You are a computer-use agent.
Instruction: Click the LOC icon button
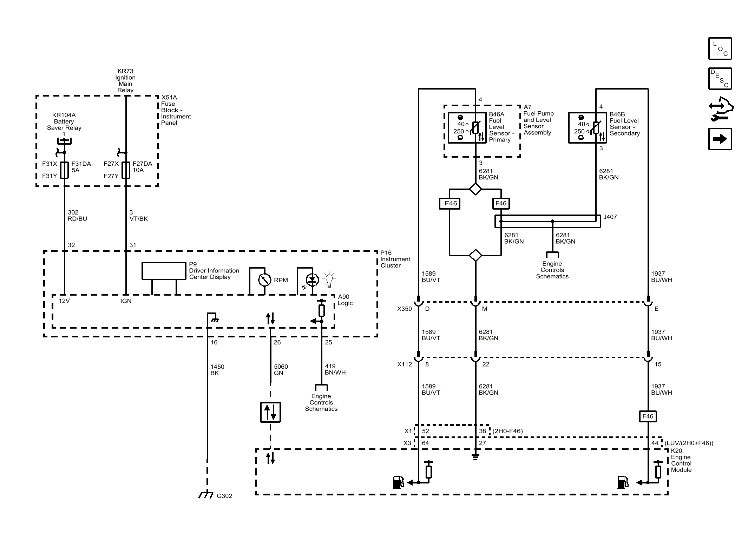pos(720,49)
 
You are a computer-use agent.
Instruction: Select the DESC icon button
pos(720,79)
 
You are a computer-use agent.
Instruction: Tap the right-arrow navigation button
pos(720,139)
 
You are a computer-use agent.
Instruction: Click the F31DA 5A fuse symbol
pos(64,170)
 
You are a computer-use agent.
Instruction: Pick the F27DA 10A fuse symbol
pos(126,170)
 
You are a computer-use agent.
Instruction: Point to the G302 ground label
pos(224,496)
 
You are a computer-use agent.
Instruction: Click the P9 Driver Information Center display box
pos(164,271)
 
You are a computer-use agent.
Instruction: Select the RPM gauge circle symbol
pos(264,280)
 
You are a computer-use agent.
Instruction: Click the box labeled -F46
pos(450,204)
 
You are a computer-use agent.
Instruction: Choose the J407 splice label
pos(610,217)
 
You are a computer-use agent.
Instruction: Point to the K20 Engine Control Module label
pos(681,460)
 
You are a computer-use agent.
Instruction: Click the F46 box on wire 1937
pos(648,416)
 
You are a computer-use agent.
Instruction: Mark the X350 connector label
pos(404,309)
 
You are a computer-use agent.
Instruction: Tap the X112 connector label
pos(404,364)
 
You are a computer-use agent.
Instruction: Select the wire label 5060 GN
pos(281,370)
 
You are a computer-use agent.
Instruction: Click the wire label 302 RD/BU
pos(77,216)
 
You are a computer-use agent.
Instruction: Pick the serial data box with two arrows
pos(270,412)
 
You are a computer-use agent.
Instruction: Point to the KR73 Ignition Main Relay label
pos(125,81)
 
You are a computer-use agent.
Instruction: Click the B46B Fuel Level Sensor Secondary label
pos(625,124)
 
